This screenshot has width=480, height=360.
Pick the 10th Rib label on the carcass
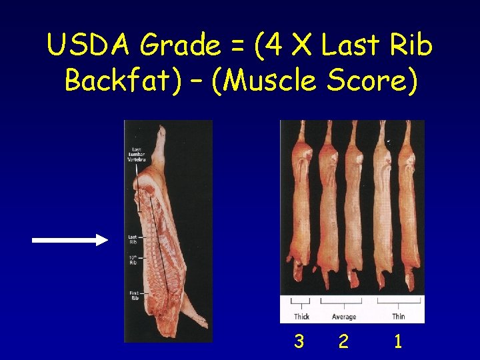click(x=133, y=261)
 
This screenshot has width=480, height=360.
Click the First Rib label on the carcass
click(x=134, y=296)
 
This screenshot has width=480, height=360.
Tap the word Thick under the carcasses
click(x=301, y=317)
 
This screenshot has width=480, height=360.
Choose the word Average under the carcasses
click(x=343, y=317)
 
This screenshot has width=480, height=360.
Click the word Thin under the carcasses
click(x=398, y=317)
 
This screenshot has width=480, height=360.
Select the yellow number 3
click(x=299, y=342)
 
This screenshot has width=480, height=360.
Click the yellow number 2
click(x=343, y=342)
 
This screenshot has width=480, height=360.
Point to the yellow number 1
click(x=398, y=342)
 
